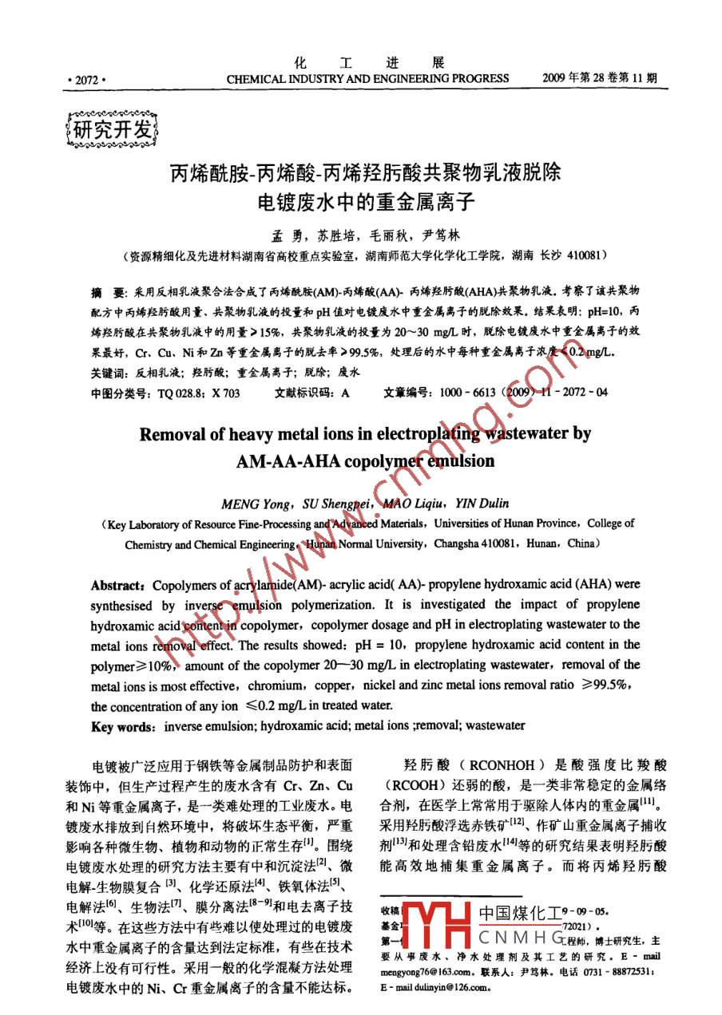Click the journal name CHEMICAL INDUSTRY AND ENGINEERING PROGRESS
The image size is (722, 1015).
click(x=367, y=79)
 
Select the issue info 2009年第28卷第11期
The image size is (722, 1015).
click(x=599, y=78)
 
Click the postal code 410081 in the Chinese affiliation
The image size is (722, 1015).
click(x=588, y=256)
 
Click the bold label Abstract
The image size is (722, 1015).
click(x=118, y=585)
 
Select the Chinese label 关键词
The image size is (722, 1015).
click(x=109, y=373)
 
